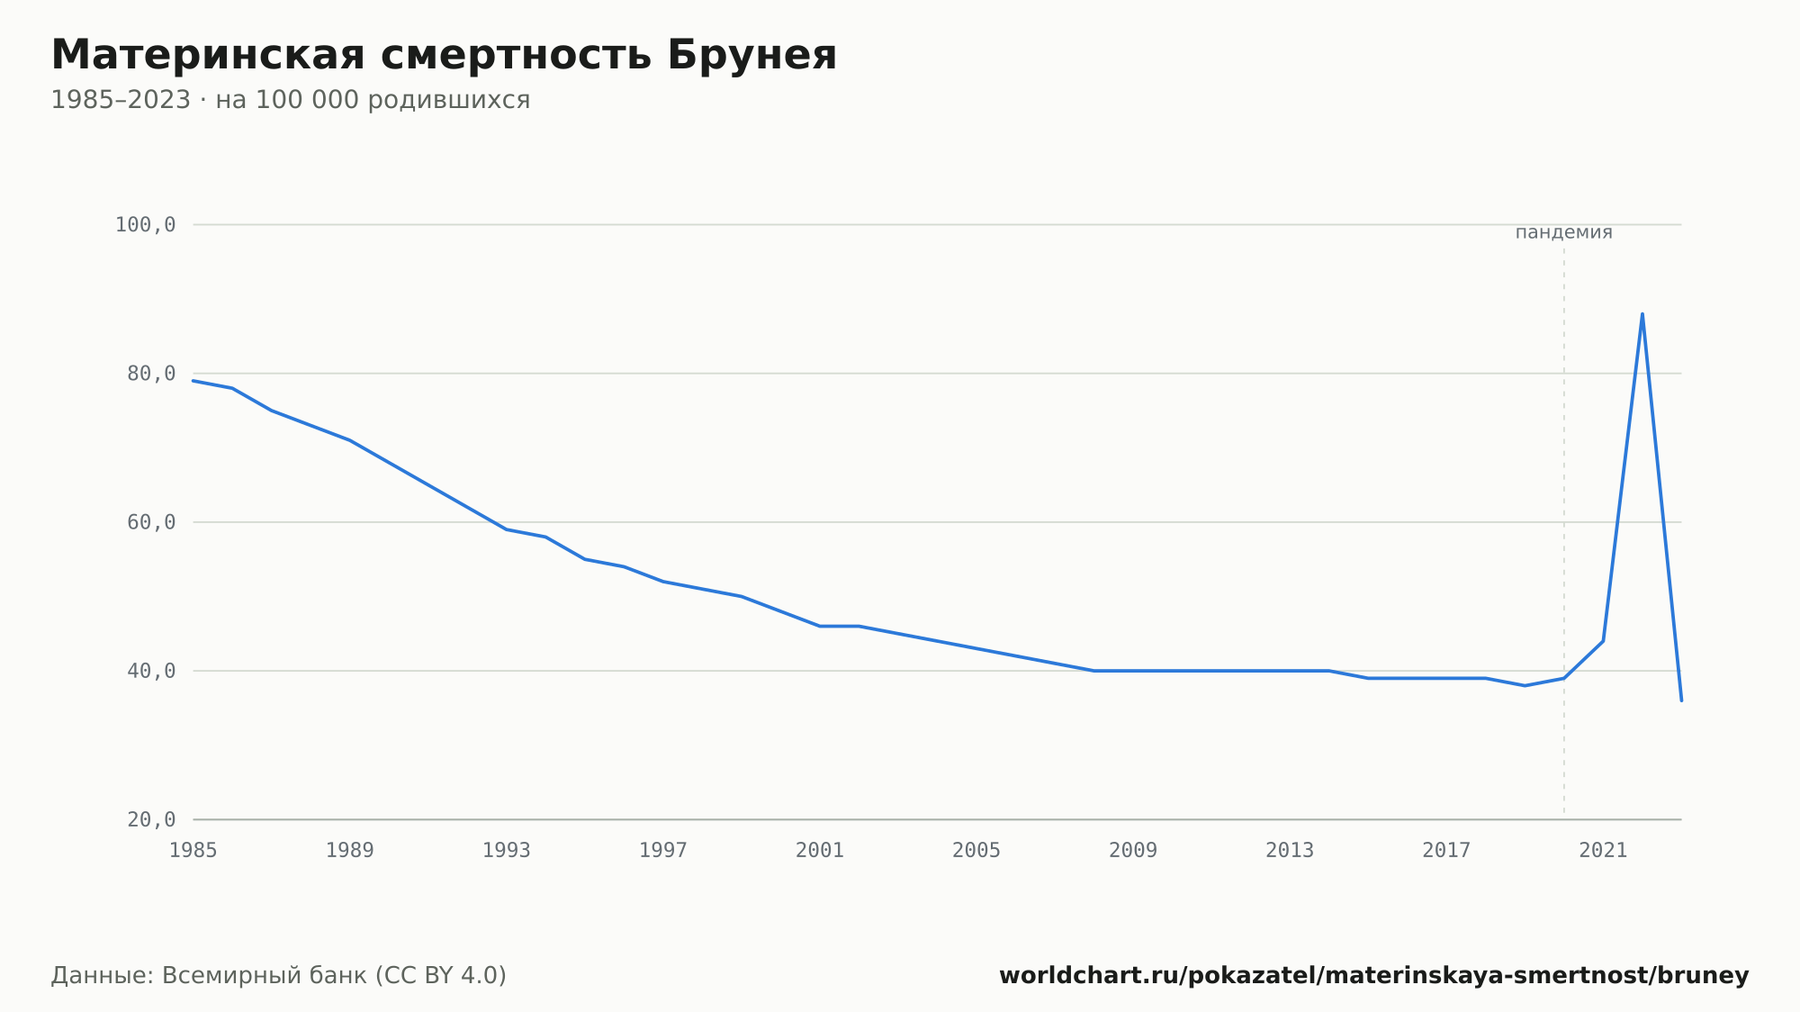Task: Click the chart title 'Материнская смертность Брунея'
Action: [x=444, y=56]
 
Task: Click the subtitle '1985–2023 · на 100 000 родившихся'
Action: [x=291, y=100]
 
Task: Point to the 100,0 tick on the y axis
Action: [x=145, y=225]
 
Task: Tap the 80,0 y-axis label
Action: [x=151, y=374]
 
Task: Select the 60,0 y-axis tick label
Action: [x=151, y=522]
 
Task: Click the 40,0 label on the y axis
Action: [x=151, y=671]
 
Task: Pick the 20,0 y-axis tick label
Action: [x=151, y=819]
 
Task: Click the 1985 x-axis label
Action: [x=193, y=851]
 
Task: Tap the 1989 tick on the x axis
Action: [x=350, y=851]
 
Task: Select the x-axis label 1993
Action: [x=507, y=851]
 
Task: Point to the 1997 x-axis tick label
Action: [x=663, y=851]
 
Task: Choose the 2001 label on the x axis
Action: [x=820, y=851]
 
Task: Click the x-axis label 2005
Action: [x=976, y=851]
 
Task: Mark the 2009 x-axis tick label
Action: [x=1133, y=851]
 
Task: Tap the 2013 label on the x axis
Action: [x=1290, y=851]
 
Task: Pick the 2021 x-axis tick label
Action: [x=1603, y=851]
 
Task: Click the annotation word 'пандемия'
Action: [x=1564, y=233]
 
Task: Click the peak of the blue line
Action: [x=1642, y=314]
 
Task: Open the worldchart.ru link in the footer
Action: [x=1374, y=976]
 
